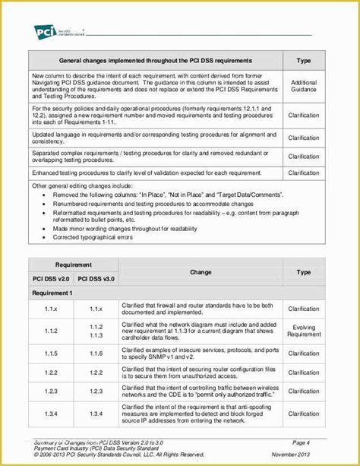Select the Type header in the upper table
click(304, 60)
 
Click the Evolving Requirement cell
click(304, 330)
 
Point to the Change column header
click(201, 271)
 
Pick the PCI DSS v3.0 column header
click(96, 278)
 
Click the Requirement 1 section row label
click(52, 293)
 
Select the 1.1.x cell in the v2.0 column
click(50, 309)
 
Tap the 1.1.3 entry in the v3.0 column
click(96, 335)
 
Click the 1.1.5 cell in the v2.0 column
click(50, 354)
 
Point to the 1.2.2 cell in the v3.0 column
click(96, 372)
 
